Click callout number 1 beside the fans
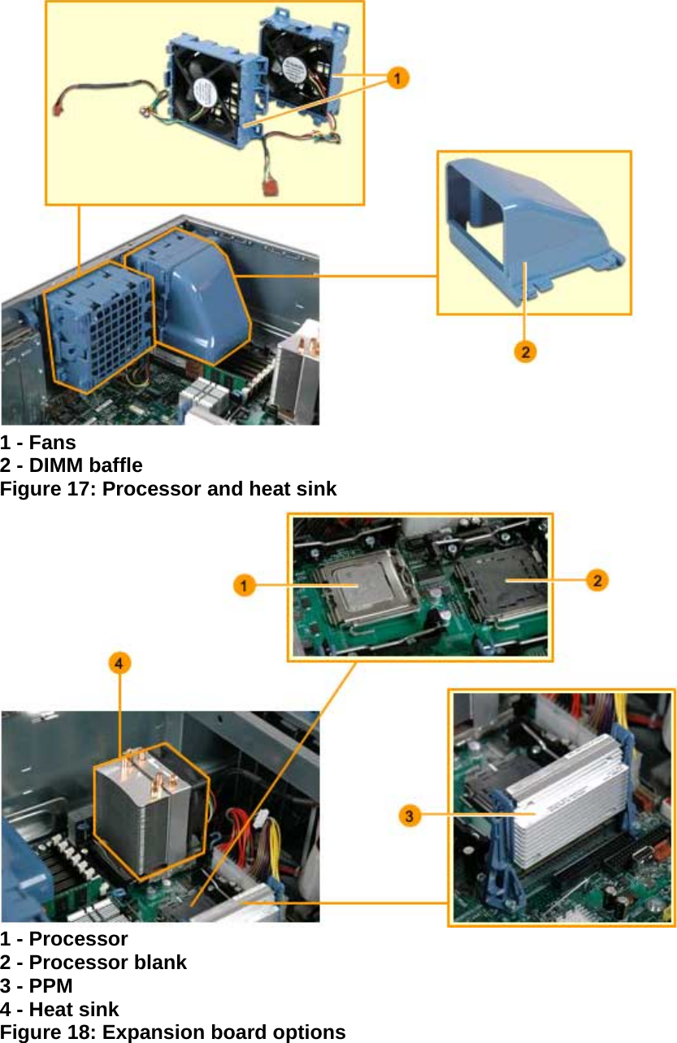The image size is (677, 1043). pyautogui.click(x=397, y=78)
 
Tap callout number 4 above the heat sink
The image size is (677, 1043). pyautogui.click(x=119, y=664)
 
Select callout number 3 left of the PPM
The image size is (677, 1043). pyautogui.click(x=410, y=815)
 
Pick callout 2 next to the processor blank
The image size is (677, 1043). pyautogui.click(x=597, y=580)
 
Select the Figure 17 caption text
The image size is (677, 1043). pyautogui.click(x=168, y=489)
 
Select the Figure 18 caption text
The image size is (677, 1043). pyautogui.click(x=173, y=1032)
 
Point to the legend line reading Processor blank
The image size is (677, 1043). pyautogui.click(x=107, y=963)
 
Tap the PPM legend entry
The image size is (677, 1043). pyautogui.click(x=50, y=986)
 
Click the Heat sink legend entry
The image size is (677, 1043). pyautogui.click(x=74, y=1010)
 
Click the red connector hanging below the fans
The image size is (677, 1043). pyautogui.click(x=271, y=188)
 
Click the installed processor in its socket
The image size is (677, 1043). pyautogui.click(x=354, y=585)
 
